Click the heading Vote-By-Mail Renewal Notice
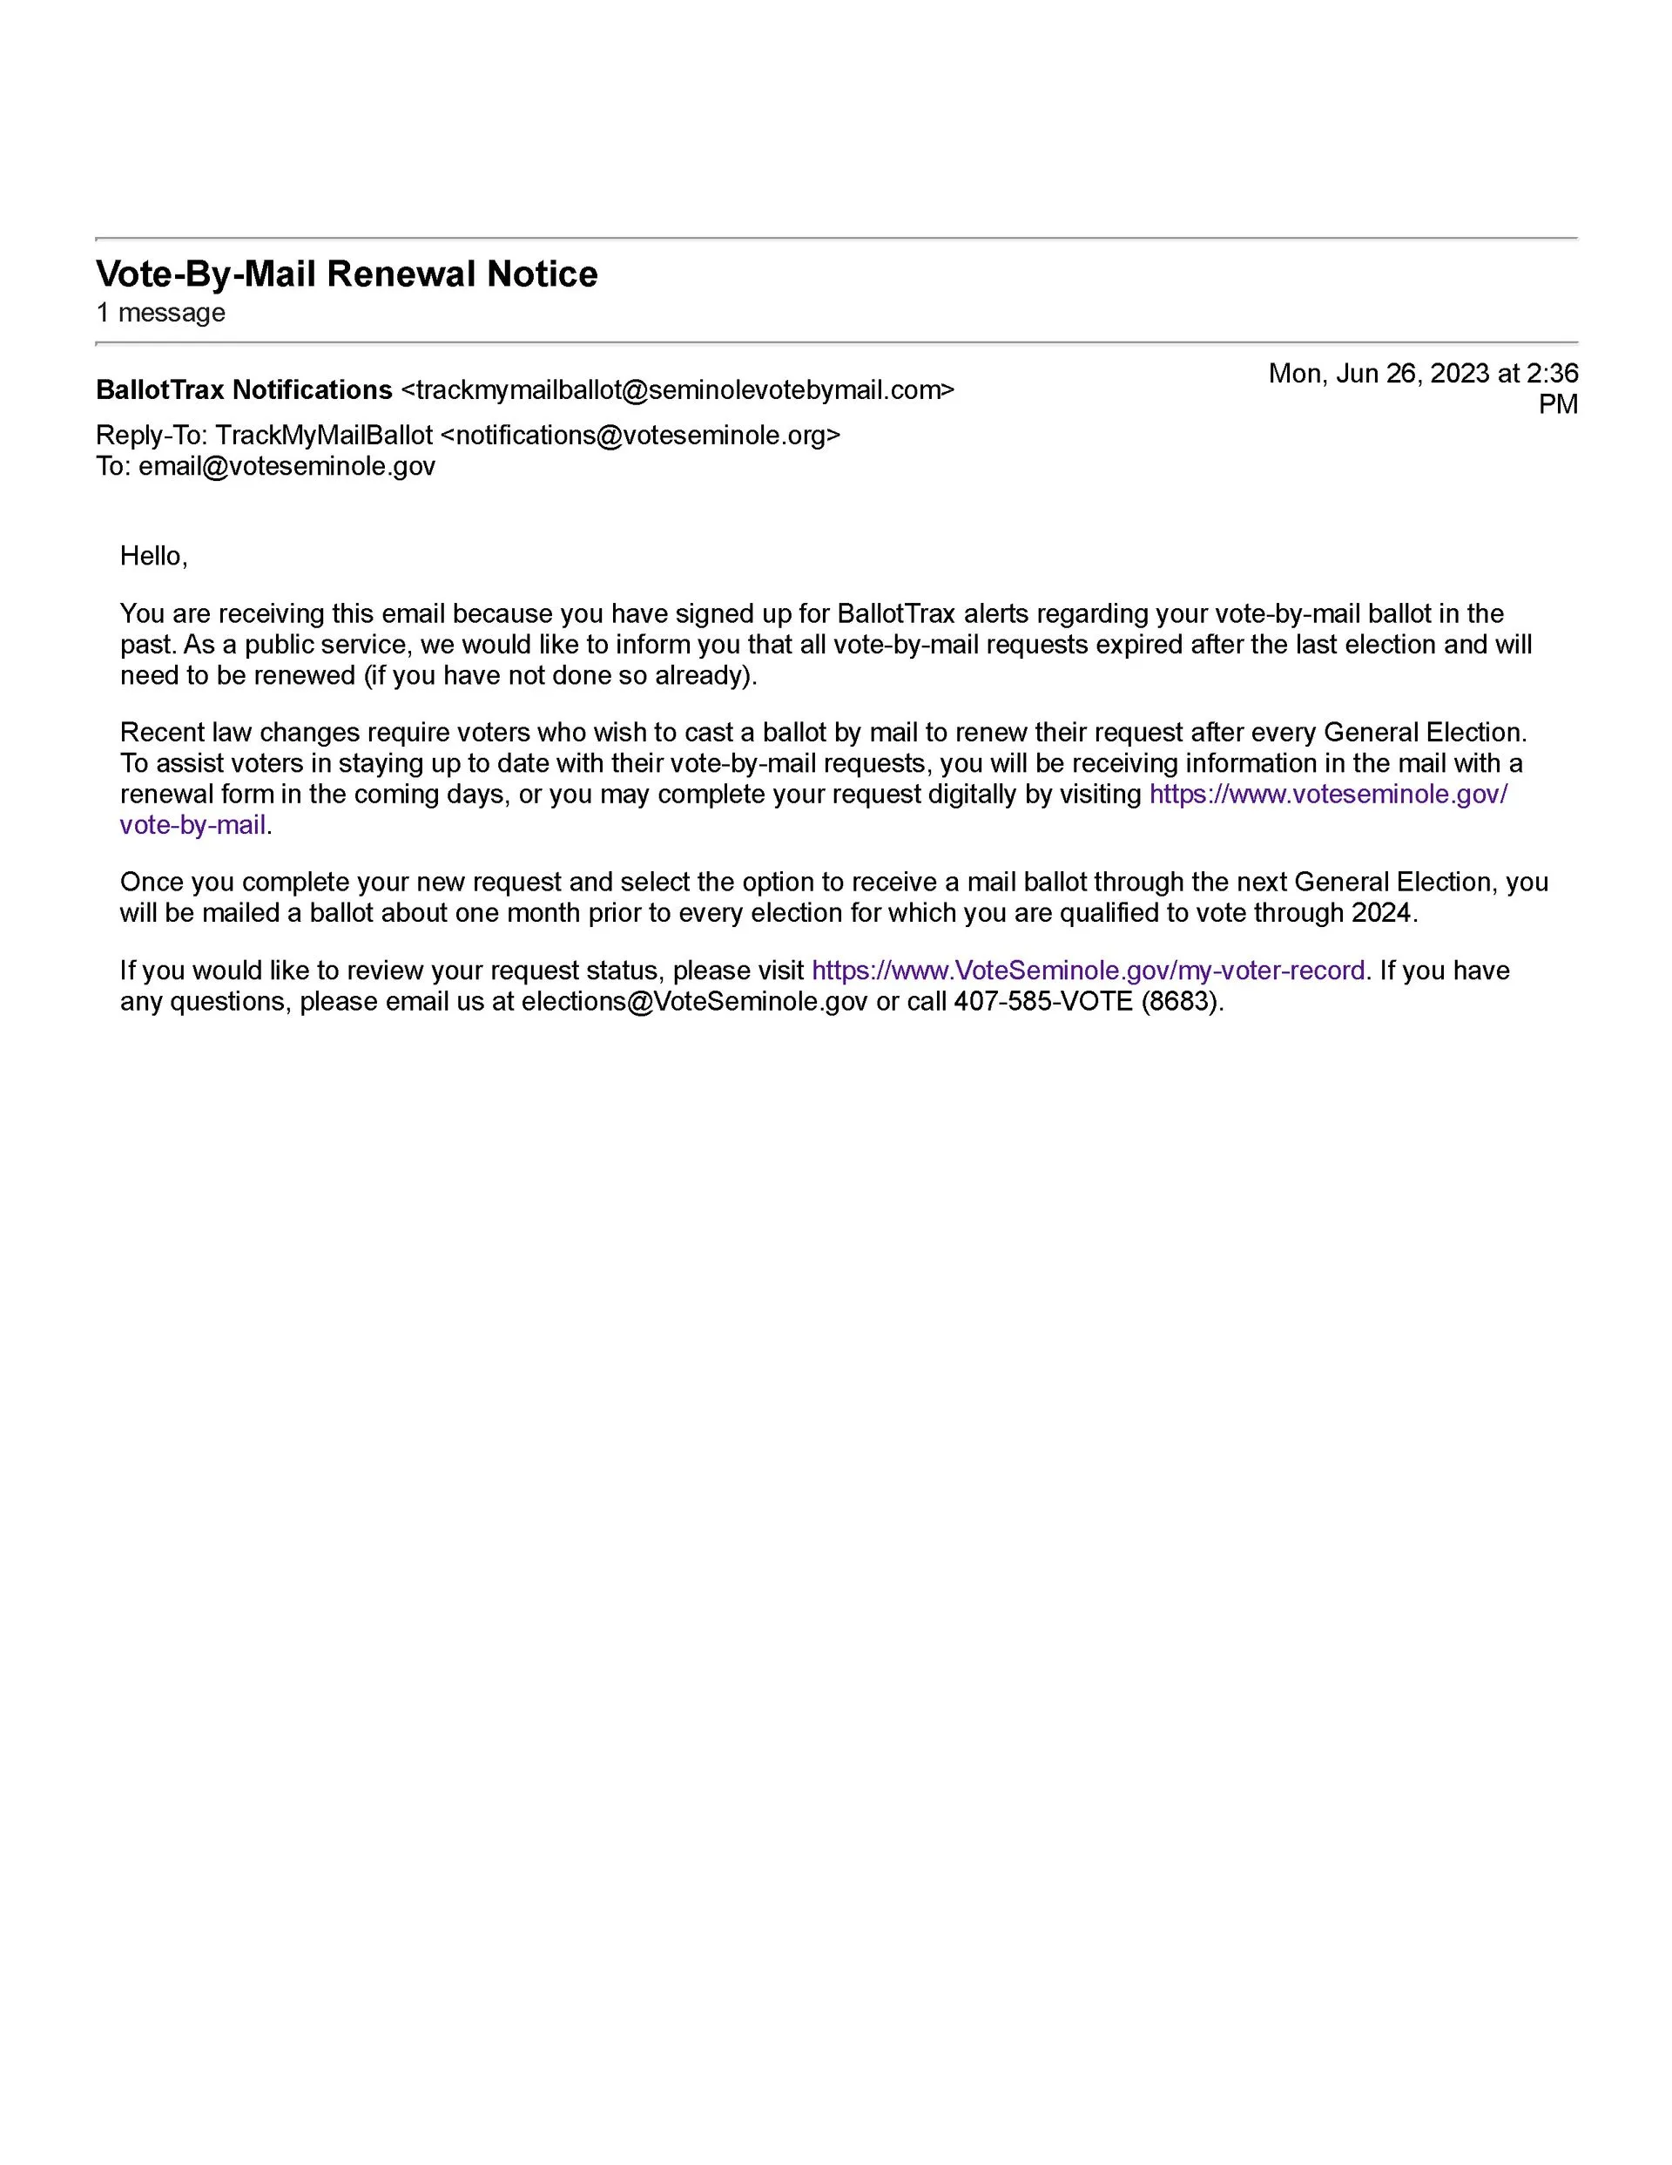pos(346,274)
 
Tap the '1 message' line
pos(160,314)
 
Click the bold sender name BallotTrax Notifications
pos(244,390)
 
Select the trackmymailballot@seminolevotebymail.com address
pos(677,390)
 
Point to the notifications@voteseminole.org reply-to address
pos(639,436)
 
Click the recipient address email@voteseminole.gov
pos(287,466)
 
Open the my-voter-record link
pos(1088,971)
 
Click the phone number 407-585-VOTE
pos(1042,1001)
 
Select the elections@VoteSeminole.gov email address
pos(694,1001)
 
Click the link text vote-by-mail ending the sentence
pos(193,825)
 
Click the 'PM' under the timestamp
pos(1557,404)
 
